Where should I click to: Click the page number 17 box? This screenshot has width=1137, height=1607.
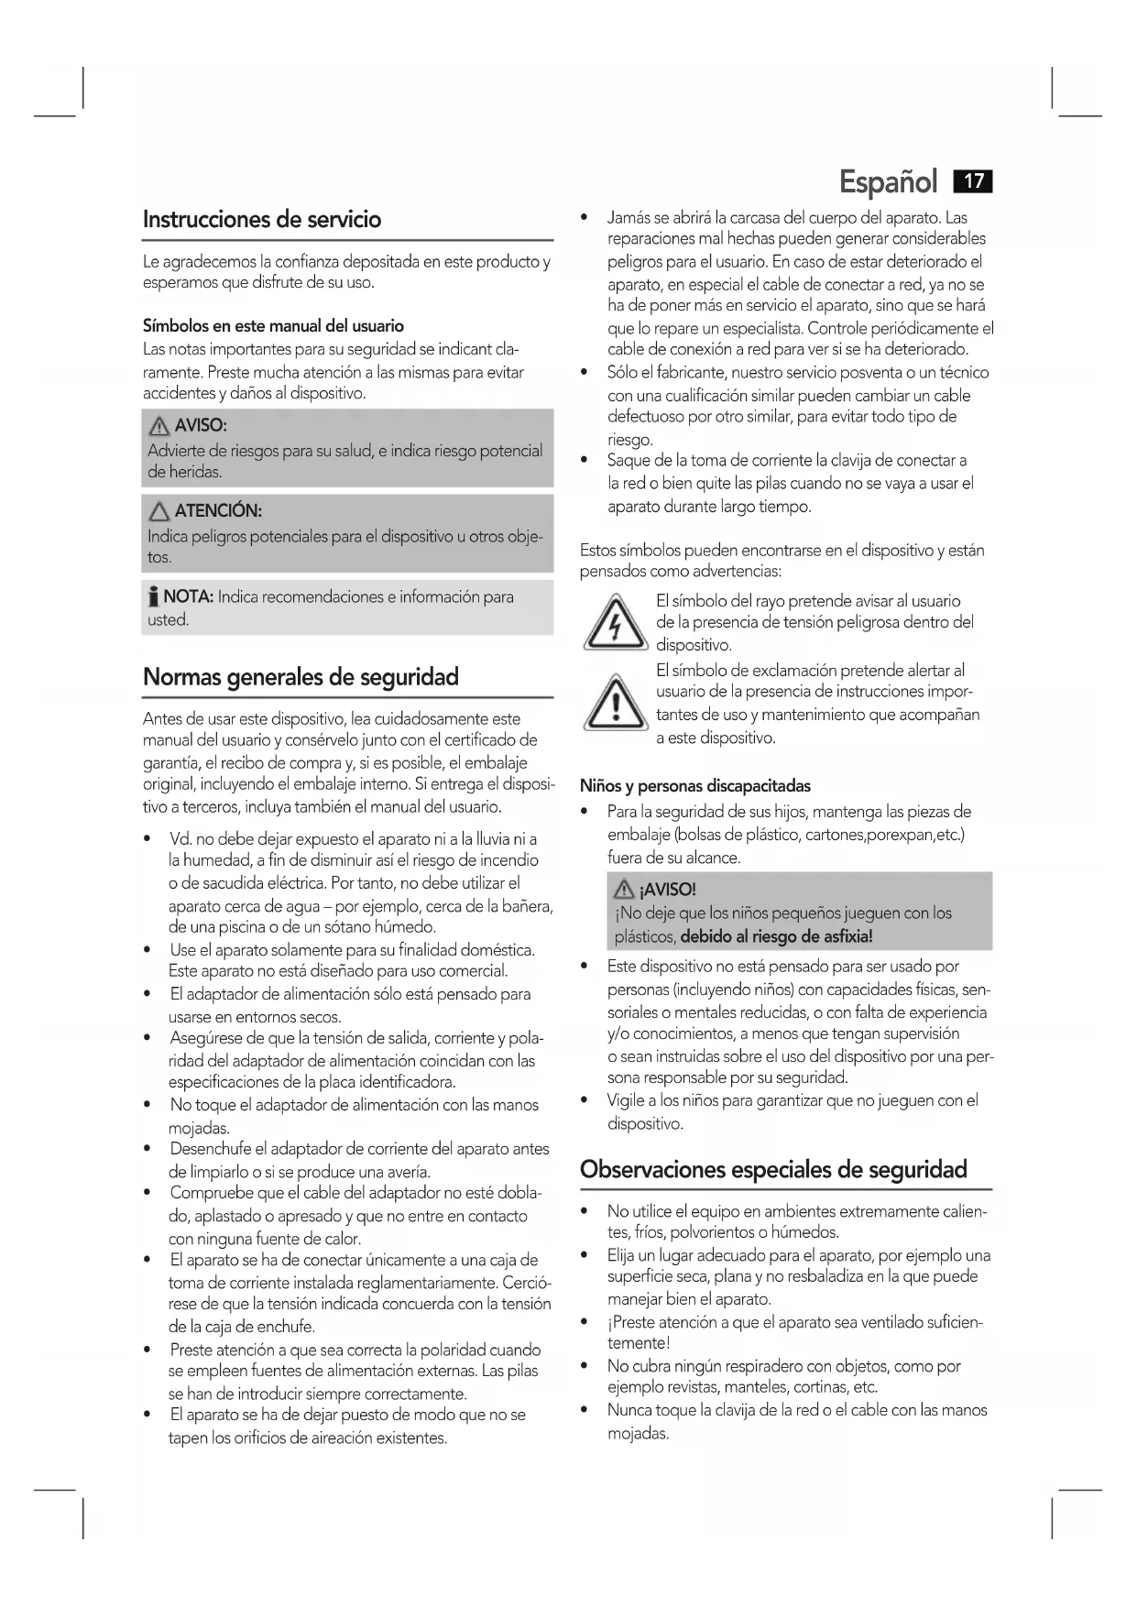pos(973,180)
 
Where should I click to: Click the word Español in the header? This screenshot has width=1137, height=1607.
pos(888,182)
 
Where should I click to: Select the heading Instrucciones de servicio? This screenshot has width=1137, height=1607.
pos(262,220)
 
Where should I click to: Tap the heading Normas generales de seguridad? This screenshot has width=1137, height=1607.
pos(301,677)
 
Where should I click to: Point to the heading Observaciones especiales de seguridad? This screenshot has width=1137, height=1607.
pos(773,1169)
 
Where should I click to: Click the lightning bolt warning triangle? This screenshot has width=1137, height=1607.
pos(616,624)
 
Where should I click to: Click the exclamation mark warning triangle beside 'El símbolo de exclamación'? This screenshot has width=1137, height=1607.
pos(616,705)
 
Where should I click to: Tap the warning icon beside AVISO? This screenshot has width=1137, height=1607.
pos(160,426)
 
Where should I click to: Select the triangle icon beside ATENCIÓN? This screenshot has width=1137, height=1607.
pos(160,511)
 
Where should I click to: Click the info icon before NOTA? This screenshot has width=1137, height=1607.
pos(153,598)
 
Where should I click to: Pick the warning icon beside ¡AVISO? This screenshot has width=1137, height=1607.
pos(626,889)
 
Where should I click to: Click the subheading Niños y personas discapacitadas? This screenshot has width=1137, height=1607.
pos(694,786)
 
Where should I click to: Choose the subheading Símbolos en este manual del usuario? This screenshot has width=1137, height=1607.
pos(273,326)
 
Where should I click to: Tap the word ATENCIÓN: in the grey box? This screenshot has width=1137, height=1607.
pos(218,511)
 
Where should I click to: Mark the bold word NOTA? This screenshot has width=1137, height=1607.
pos(188,597)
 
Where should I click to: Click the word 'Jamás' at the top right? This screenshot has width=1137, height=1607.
pos(627,218)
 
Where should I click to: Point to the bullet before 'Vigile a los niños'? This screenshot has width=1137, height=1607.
pos(585,1100)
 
